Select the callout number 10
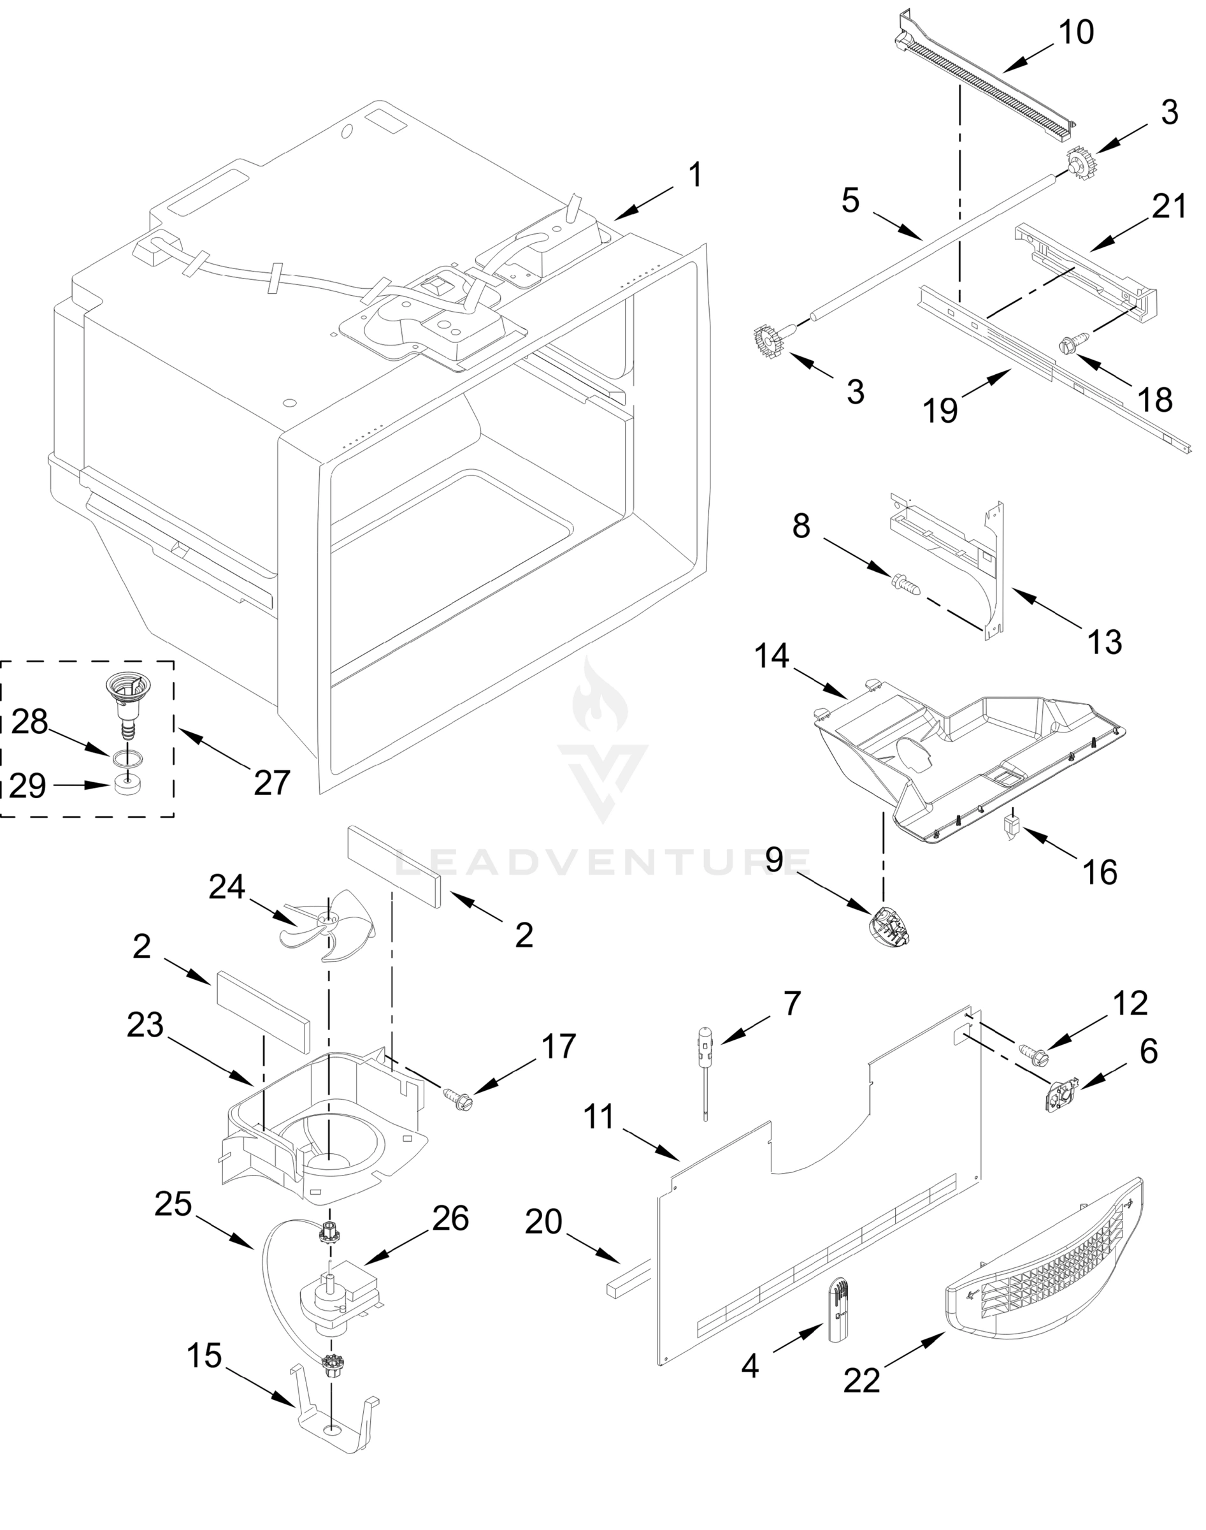coord(1077,33)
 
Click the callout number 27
coord(272,783)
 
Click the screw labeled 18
coord(1069,346)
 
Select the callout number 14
coord(771,657)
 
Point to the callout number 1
coord(696,175)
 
